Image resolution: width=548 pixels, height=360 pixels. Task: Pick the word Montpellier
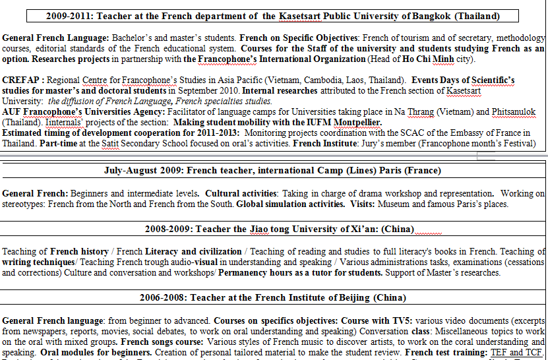point(357,122)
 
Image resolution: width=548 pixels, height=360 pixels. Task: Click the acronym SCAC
point(408,133)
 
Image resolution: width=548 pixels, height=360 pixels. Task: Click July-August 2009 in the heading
point(143,170)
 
